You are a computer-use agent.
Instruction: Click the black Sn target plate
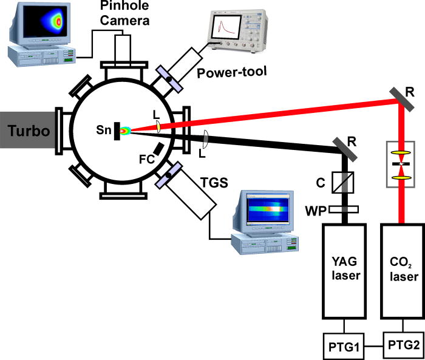tap(115, 131)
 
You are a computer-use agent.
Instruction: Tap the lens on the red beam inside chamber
tap(157, 126)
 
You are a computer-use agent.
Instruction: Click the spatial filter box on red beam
tap(400, 165)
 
